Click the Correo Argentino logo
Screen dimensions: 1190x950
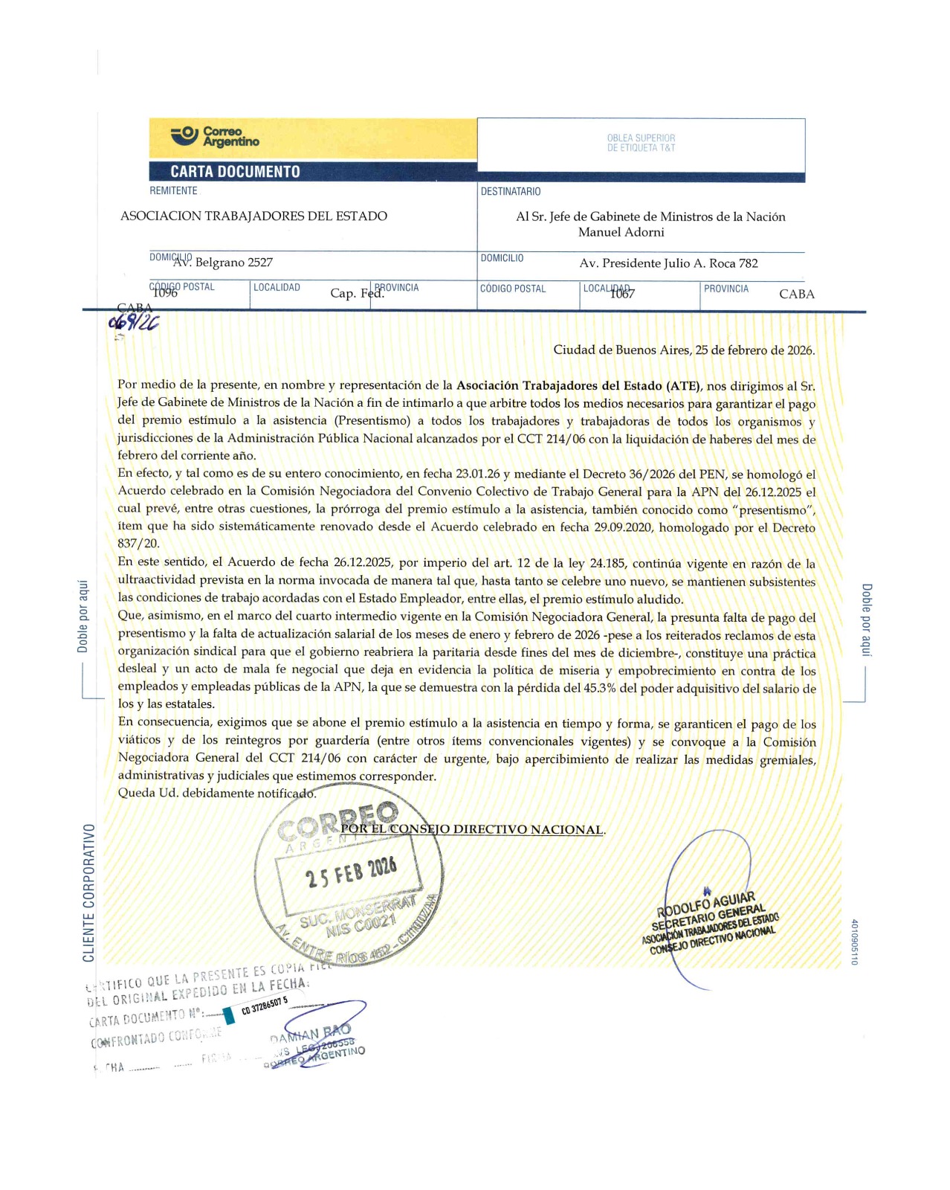pos(216,137)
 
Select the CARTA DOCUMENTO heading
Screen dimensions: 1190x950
pos(235,172)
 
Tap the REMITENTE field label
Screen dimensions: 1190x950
pos(173,191)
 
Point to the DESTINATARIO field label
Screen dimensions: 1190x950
pos(511,192)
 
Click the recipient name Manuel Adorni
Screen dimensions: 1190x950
pos(621,232)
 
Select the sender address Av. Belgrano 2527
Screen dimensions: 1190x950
pos(223,263)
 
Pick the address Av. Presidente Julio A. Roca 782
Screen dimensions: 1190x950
pos(668,263)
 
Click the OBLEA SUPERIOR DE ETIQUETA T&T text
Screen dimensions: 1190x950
pos(641,143)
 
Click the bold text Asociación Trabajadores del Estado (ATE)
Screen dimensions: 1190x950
pos(578,385)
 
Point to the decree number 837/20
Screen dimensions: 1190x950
pos(138,544)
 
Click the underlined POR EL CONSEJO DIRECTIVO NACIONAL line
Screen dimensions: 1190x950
pos(472,829)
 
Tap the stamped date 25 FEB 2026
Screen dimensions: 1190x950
pos(351,872)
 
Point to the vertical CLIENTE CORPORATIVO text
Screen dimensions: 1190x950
pos(89,892)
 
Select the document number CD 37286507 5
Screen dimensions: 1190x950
pos(264,1007)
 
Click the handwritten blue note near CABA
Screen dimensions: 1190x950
pos(134,322)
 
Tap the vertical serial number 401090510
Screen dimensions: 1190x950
pos(854,942)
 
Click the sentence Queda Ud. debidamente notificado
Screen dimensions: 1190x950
pos(217,794)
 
